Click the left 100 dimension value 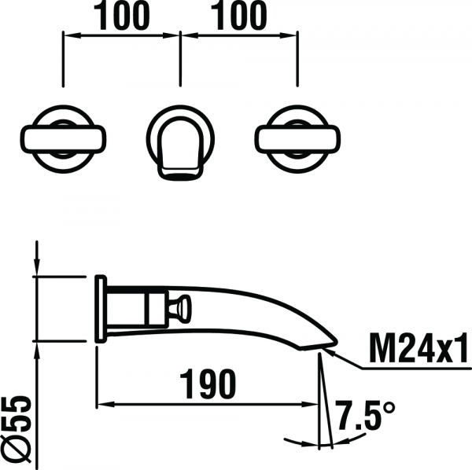tap(121, 16)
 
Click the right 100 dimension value tap(238, 16)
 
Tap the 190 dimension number tap(208, 384)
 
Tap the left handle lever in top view tap(64, 139)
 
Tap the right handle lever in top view tap(297, 139)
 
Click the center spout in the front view tap(180, 148)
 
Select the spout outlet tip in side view tap(319, 347)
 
